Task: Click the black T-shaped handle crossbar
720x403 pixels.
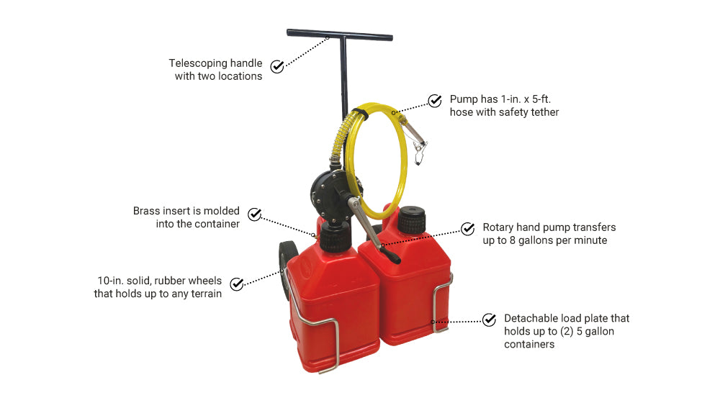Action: coord(339,35)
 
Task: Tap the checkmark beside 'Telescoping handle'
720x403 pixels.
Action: coord(277,66)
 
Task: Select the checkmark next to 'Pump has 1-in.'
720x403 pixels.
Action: coord(434,101)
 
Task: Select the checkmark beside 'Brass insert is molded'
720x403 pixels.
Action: coord(254,214)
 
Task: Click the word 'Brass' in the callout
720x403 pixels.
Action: coord(146,211)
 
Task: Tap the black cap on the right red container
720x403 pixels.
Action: coord(411,220)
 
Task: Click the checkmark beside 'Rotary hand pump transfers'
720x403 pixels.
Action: coord(467,228)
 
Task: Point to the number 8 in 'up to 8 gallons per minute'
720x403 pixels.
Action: coord(513,240)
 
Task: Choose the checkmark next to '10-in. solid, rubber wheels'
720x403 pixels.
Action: coord(236,284)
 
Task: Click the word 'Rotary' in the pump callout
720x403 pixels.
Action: coord(498,227)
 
